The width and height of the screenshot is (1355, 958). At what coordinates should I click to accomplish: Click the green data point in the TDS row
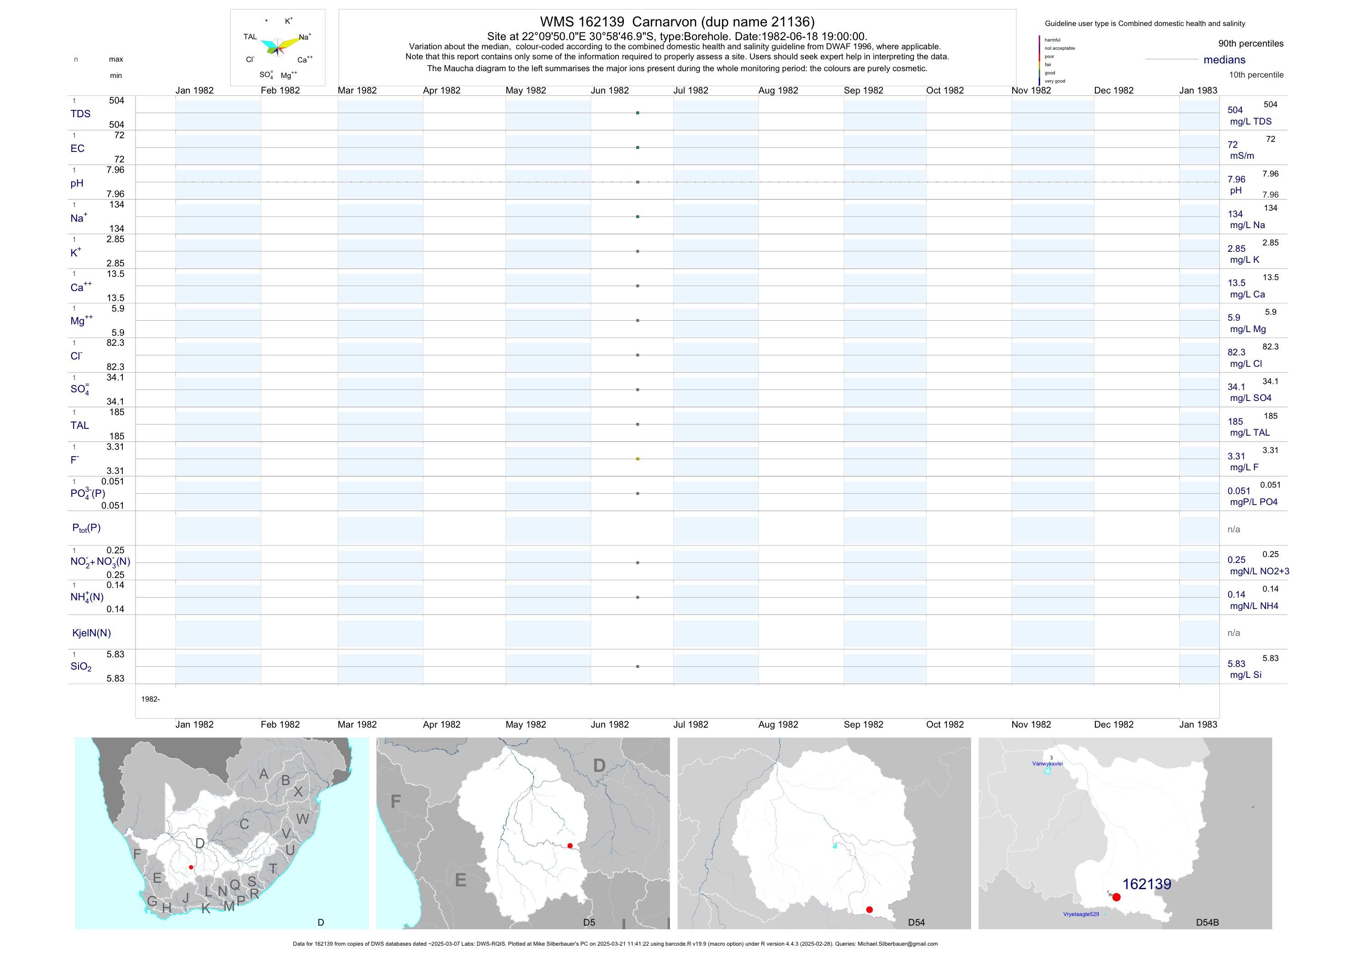(x=638, y=113)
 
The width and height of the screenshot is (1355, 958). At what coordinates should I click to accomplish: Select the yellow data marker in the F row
(x=638, y=459)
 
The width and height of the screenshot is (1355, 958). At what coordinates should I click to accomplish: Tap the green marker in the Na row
(x=638, y=217)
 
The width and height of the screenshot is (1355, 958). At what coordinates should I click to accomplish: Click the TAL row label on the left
(x=80, y=425)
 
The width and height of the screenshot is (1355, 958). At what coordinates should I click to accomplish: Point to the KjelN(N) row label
(x=91, y=633)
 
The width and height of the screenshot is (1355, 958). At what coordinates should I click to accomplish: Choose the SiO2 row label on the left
(x=81, y=666)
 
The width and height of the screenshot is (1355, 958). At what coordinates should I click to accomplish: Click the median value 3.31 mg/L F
(x=1236, y=457)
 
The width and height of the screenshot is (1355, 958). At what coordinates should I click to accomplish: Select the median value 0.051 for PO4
(x=1239, y=491)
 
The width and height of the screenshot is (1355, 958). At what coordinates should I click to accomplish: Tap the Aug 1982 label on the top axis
(x=778, y=90)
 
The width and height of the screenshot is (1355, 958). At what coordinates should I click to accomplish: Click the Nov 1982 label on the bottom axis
(x=1031, y=724)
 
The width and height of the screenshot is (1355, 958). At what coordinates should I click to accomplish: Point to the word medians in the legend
(x=1224, y=60)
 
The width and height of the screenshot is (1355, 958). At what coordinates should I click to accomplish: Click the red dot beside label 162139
(x=1116, y=897)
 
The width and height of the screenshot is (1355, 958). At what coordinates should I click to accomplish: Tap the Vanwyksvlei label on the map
(x=1047, y=763)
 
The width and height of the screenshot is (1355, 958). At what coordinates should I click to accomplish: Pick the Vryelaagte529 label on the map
(x=1081, y=914)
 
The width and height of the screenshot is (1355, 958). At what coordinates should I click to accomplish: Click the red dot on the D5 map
(x=570, y=846)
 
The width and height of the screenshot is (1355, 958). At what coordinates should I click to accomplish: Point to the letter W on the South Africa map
(x=303, y=819)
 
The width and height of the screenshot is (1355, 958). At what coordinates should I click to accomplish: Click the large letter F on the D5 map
(x=395, y=802)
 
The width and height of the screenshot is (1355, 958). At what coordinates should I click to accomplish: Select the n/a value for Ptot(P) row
(x=1234, y=529)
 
